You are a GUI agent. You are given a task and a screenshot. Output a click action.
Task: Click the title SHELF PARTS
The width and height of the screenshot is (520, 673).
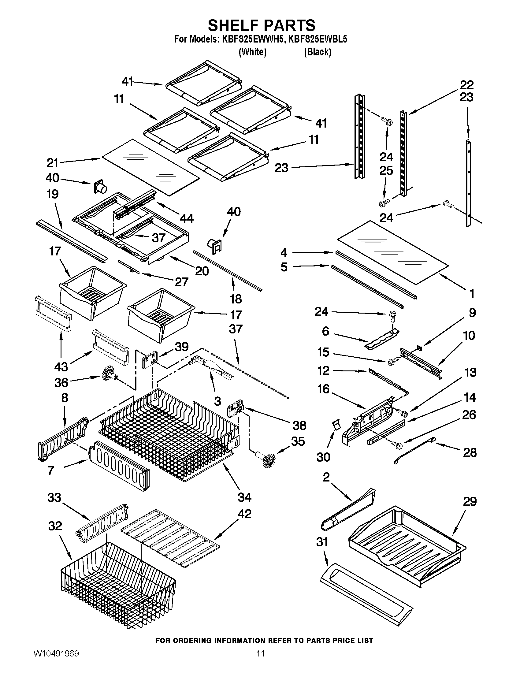coord(262,25)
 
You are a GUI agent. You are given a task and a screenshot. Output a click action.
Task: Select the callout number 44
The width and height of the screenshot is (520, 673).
coord(186,218)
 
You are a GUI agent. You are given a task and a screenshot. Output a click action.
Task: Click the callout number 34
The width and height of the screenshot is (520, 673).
coord(244,497)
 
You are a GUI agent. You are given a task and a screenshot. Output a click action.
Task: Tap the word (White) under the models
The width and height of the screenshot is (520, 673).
coord(252,52)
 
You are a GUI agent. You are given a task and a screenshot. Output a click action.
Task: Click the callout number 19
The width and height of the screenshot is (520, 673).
coord(53,194)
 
